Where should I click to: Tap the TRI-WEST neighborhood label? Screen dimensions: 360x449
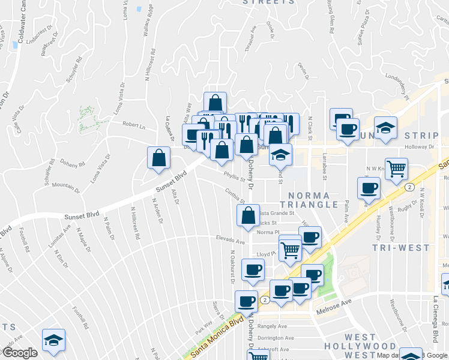pyautogui.click(x=400, y=247)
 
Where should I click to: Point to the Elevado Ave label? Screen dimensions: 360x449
pyautogui.click(x=231, y=241)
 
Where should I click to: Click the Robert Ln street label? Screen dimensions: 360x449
pyautogui.click(x=134, y=126)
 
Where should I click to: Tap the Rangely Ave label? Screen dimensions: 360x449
pyautogui.click(x=272, y=326)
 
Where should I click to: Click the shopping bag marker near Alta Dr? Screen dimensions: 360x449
pyautogui.click(x=158, y=158)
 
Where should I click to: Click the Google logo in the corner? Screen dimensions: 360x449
pyautogui.click(x=20, y=353)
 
